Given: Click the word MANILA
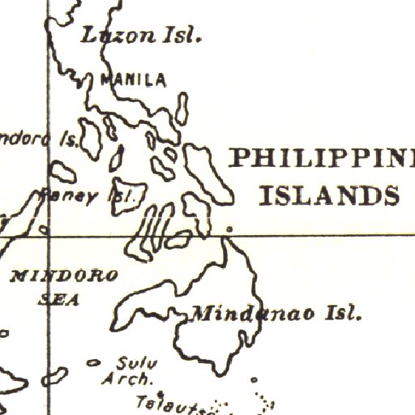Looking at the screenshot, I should click(x=133, y=79).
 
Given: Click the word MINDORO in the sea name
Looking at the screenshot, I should click(x=64, y=276).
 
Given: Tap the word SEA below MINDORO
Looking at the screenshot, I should click(x=60, y=299).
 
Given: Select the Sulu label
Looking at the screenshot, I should click(x=130, y=363).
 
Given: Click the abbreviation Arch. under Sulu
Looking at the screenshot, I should click(x=127, y=379).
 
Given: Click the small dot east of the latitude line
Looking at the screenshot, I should click(x=228, y=229).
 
